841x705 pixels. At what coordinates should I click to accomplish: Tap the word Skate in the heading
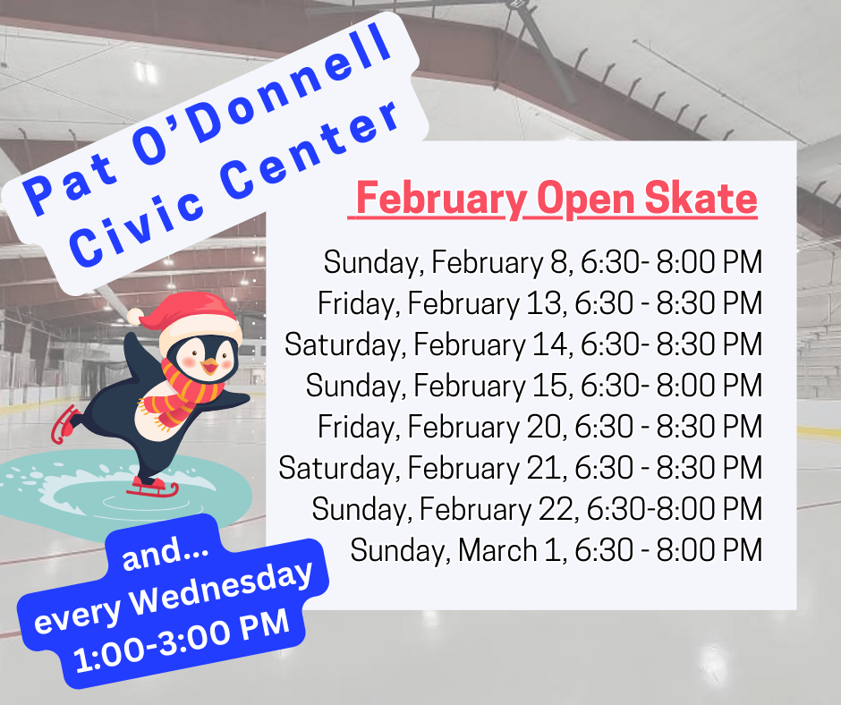(701, 198)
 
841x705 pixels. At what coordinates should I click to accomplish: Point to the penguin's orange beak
(209, 366)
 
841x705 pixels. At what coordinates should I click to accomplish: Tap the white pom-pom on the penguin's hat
(136, 317)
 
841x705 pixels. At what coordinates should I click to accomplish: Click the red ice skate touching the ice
(153, 488)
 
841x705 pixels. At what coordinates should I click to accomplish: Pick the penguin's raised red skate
(64, 424)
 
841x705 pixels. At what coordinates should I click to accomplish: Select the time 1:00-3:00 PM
(183, 640)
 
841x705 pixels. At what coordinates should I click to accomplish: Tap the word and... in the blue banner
(165, 553)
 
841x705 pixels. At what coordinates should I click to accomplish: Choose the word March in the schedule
(497, 550)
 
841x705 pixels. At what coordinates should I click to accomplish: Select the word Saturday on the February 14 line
(344, 345)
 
